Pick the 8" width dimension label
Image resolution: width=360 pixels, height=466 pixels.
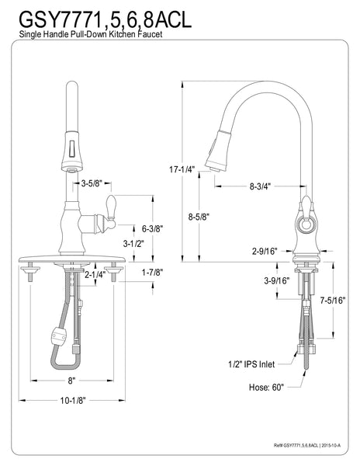pos(71,381)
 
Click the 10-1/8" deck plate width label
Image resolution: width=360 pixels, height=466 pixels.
pos(71,400)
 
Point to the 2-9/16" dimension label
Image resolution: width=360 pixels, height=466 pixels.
pos(264,252)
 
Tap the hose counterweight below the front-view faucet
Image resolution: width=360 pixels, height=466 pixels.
pos(57,339)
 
